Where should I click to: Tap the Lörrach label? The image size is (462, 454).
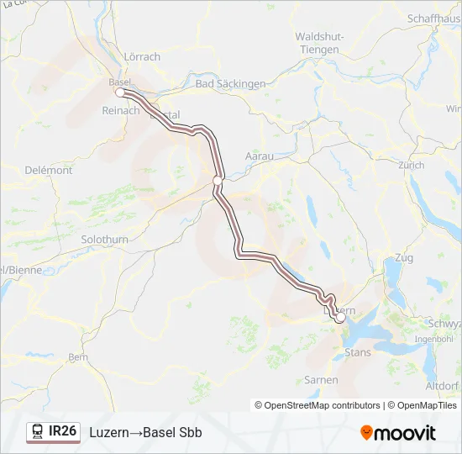(142, 57)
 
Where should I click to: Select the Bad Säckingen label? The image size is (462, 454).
(229, 84)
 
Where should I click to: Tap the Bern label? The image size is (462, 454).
(77, 356)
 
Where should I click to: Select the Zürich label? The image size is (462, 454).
(412, 166)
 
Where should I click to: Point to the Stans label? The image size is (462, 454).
(358, 352)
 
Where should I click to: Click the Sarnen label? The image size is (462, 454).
(321, 380)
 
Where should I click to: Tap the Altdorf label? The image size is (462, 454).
(443, 386)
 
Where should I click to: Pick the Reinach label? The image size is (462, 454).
(119, 111)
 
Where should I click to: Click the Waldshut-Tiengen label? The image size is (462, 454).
(318, 43)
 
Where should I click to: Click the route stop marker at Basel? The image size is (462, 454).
(120, 92)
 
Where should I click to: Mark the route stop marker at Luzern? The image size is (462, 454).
(339, 319)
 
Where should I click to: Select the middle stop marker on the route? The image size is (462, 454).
(217, 180)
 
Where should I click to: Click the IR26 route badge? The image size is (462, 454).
(54, 431)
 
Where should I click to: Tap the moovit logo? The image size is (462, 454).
(398, 432)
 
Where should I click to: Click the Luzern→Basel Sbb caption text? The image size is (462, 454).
(145, 432)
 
